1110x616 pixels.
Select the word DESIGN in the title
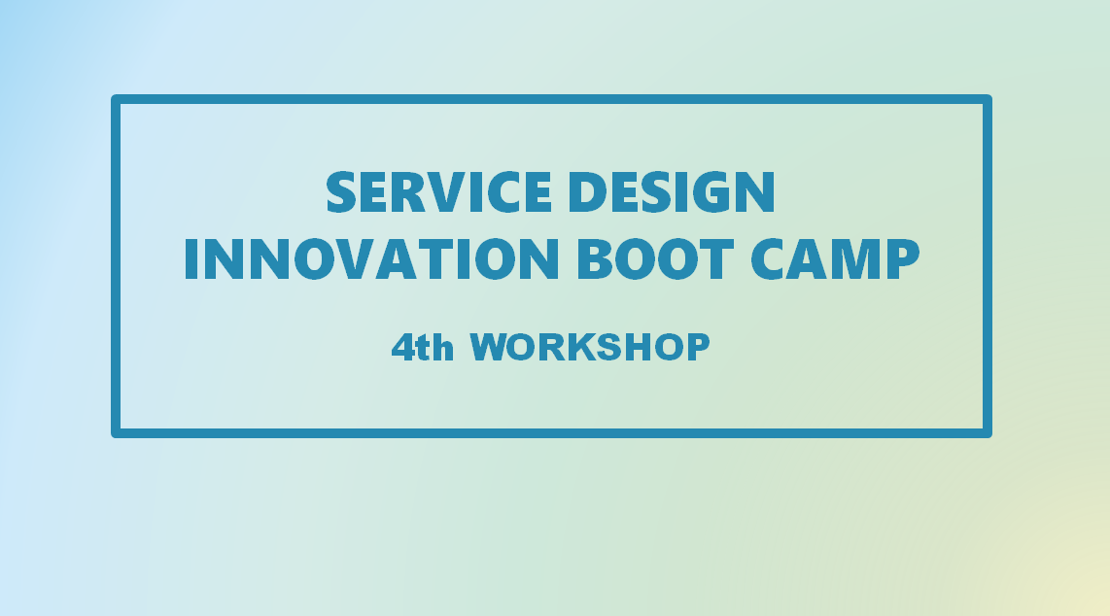click(x=672, y=191)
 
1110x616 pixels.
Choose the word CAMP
click(x=835, y=258)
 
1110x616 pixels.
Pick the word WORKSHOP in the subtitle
click(x=590, y=347)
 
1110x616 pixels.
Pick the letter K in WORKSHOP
click(x=580, y=347)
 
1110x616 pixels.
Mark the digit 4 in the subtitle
click(x=402, y=347)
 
